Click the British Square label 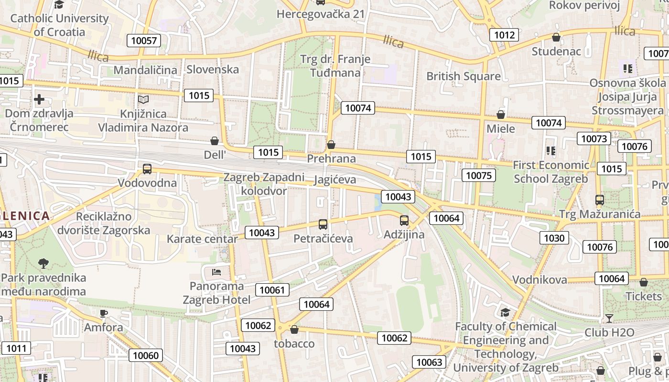[464, 76]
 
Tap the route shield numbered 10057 [144, 41]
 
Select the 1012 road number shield [504, 34]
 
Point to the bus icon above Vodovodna [147, 169]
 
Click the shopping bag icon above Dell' [215, 141]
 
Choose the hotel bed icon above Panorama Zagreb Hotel [216, 272]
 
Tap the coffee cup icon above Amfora [104, 314]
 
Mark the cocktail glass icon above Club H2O [609, 318]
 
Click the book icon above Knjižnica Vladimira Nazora [143, 100]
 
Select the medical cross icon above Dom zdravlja [39, 99]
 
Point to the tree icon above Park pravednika [43, 263]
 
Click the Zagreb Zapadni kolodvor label [264, 184]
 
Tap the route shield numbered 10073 [593, 139]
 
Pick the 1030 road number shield [554, 238]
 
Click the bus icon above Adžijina [404, 221]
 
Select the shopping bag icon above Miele [501, 115]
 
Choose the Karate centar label [202, 239]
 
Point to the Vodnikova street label [540, 279]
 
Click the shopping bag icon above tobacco [294, 329]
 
